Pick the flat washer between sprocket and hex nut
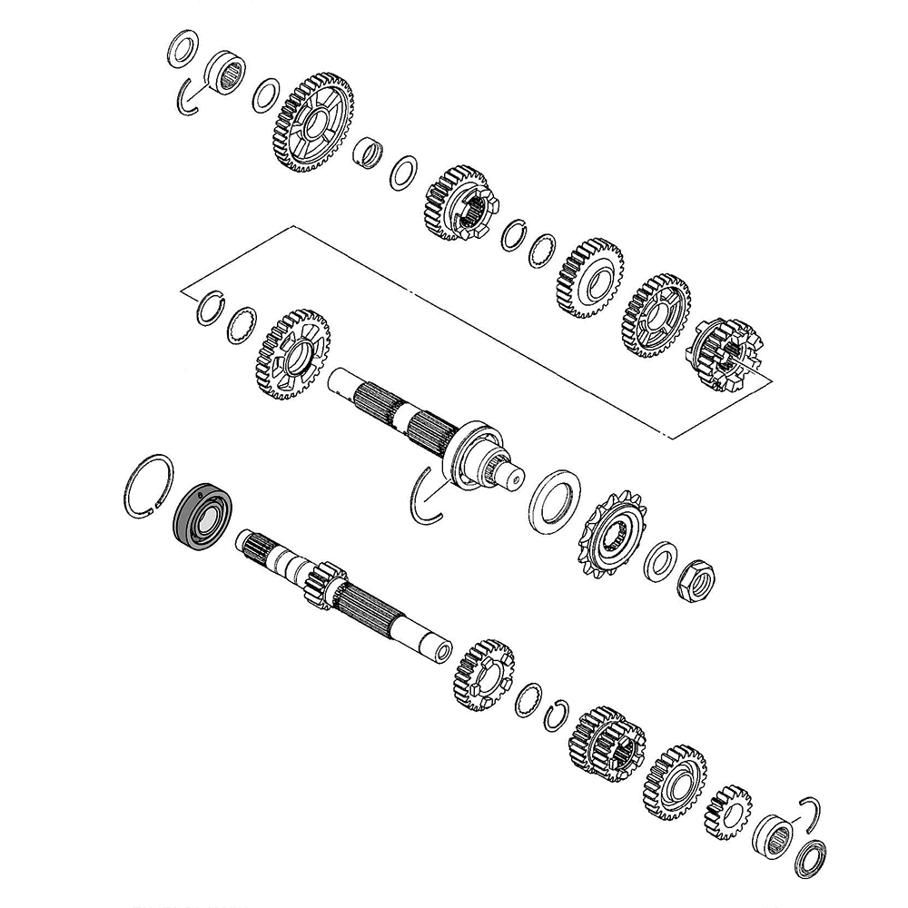660,561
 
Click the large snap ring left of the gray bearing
148,486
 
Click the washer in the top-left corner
183,47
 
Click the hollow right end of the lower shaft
442,652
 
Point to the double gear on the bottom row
606,745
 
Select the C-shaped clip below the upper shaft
423,496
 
